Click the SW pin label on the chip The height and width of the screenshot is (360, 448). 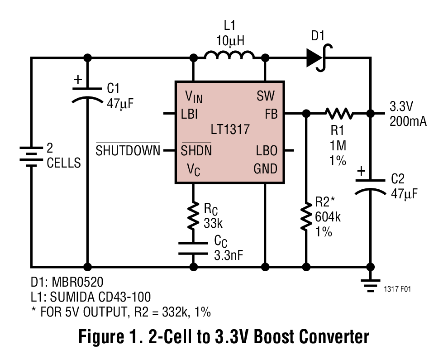[x=266, y=96]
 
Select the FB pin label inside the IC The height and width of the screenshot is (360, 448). [x=271, y=114]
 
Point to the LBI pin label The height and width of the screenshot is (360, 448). [x=189, y=114]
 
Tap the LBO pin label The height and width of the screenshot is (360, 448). [x=267, y=150]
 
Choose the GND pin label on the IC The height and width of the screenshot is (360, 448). [x=265, y=168]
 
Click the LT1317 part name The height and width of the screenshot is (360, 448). [x=230, y=130]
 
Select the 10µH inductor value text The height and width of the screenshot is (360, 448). [x=230, y=41]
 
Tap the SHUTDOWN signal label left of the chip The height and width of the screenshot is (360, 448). [x=128, y=149]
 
